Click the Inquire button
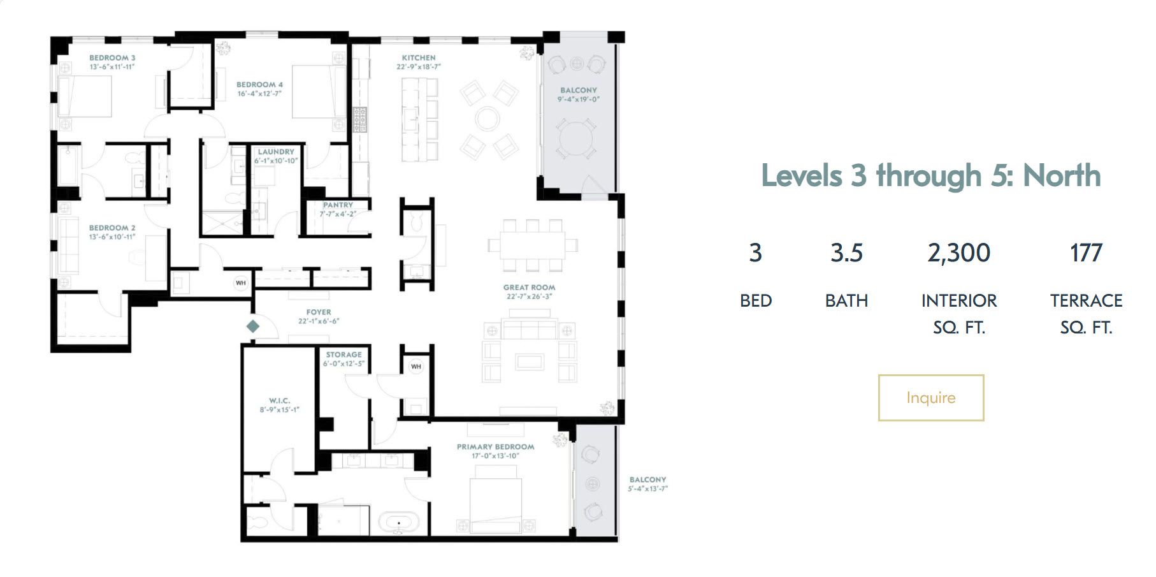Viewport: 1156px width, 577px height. [x=930, y=398]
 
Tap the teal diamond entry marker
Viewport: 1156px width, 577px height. [x=253, y=326]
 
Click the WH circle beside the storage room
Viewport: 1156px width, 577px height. [x=415, y=367]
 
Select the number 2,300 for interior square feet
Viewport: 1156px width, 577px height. [x=958, y=253]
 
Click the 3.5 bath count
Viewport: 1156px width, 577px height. [x=846, y=253]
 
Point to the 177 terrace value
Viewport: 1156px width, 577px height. [x=1086, y=253]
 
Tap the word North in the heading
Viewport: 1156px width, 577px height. [x=1062, y=175]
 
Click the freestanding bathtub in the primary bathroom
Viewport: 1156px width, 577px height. [x=400, y=523]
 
